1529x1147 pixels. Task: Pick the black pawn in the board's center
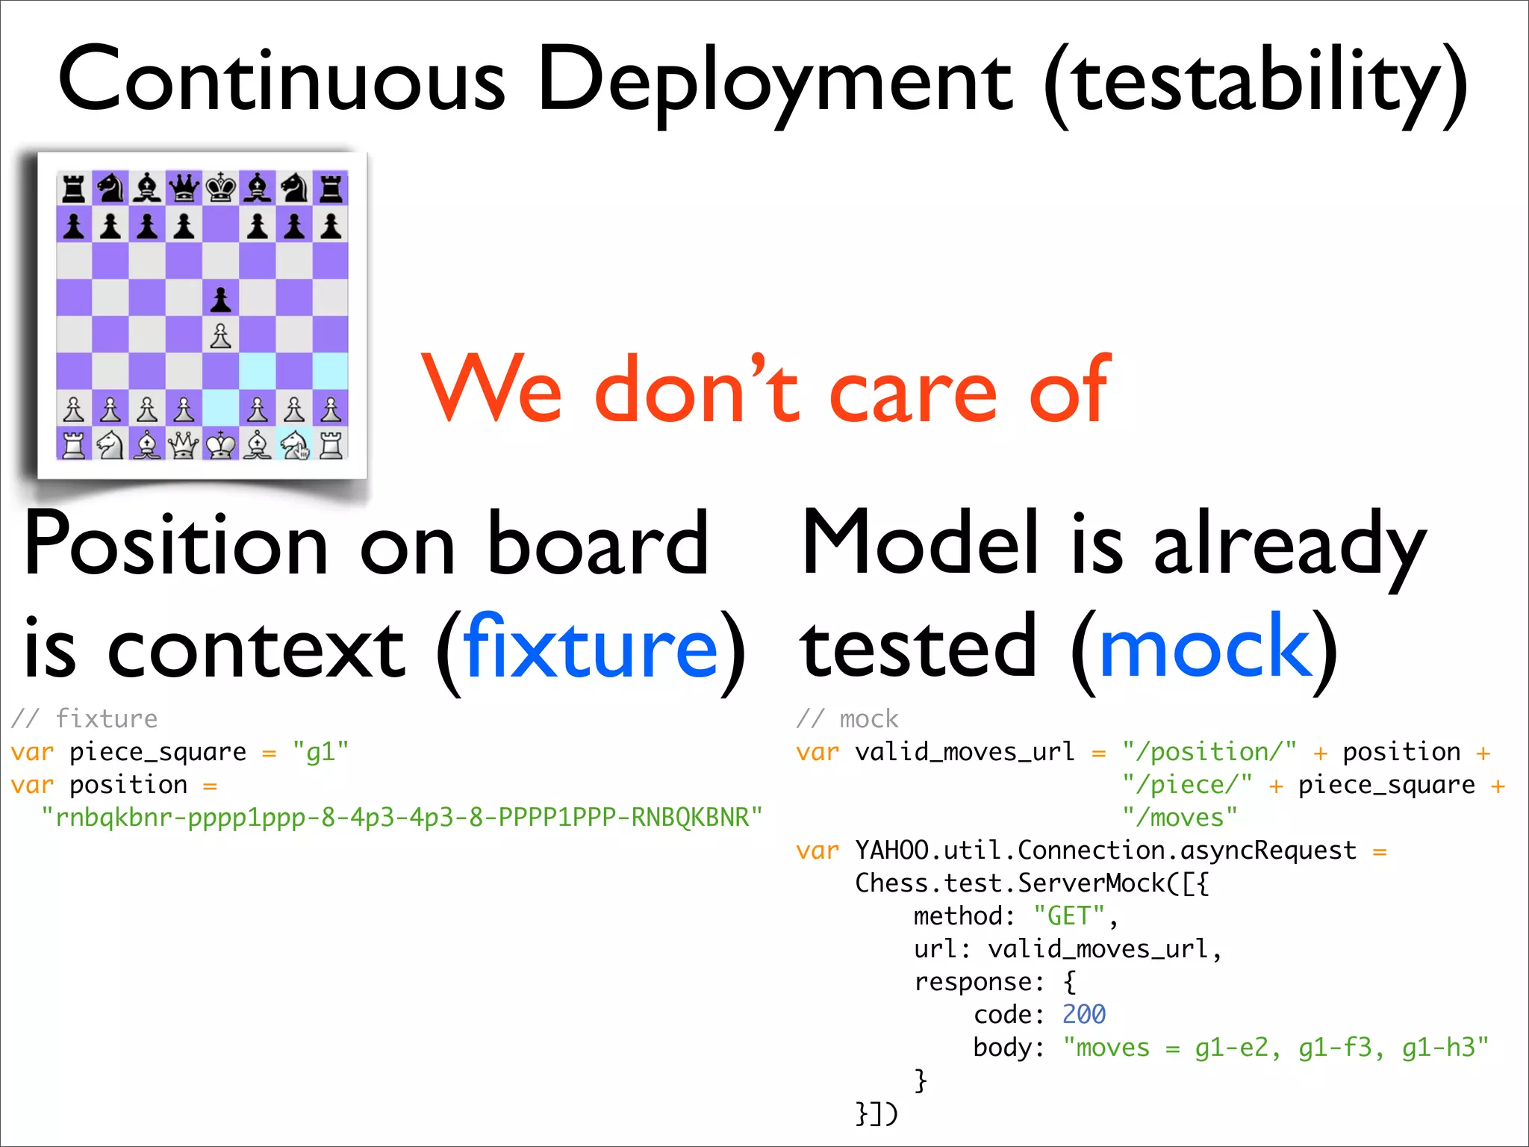coord(220,299)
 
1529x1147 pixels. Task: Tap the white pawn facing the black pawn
coord(220,336)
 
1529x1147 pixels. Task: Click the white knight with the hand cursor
coord(295,446)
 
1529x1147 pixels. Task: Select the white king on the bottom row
coord(220,446)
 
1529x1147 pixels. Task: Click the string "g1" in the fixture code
coord(321,752)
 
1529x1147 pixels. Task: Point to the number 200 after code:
coord(1083,1014)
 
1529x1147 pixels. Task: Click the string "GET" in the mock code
coord(1068,916)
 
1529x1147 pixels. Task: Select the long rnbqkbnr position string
coord(402,818)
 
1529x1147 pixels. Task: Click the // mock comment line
coord(847,718)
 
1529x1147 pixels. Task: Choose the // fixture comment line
coord(84,718)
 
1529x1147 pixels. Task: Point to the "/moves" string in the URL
coord(1180,818)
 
